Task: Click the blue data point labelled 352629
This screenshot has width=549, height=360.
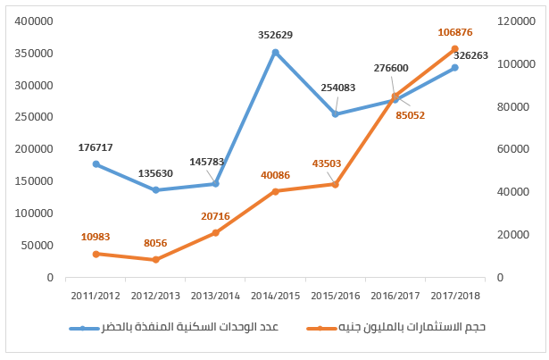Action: (276, 52)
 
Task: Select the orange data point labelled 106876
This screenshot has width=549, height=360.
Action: (455, 48)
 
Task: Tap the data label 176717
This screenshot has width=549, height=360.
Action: (96, 147)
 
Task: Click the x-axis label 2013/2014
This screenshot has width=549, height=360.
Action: (215, 294)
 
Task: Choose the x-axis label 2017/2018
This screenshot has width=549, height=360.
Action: (455, 294)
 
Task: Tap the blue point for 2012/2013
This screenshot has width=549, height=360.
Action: (155, 190)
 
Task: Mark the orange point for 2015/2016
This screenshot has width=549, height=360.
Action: (336, 184)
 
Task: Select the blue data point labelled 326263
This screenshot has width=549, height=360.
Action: (455, 68)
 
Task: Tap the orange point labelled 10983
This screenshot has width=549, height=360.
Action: (96, 254)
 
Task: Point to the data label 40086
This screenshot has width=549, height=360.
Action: (275, 175)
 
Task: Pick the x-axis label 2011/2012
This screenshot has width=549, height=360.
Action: (96, 294)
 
